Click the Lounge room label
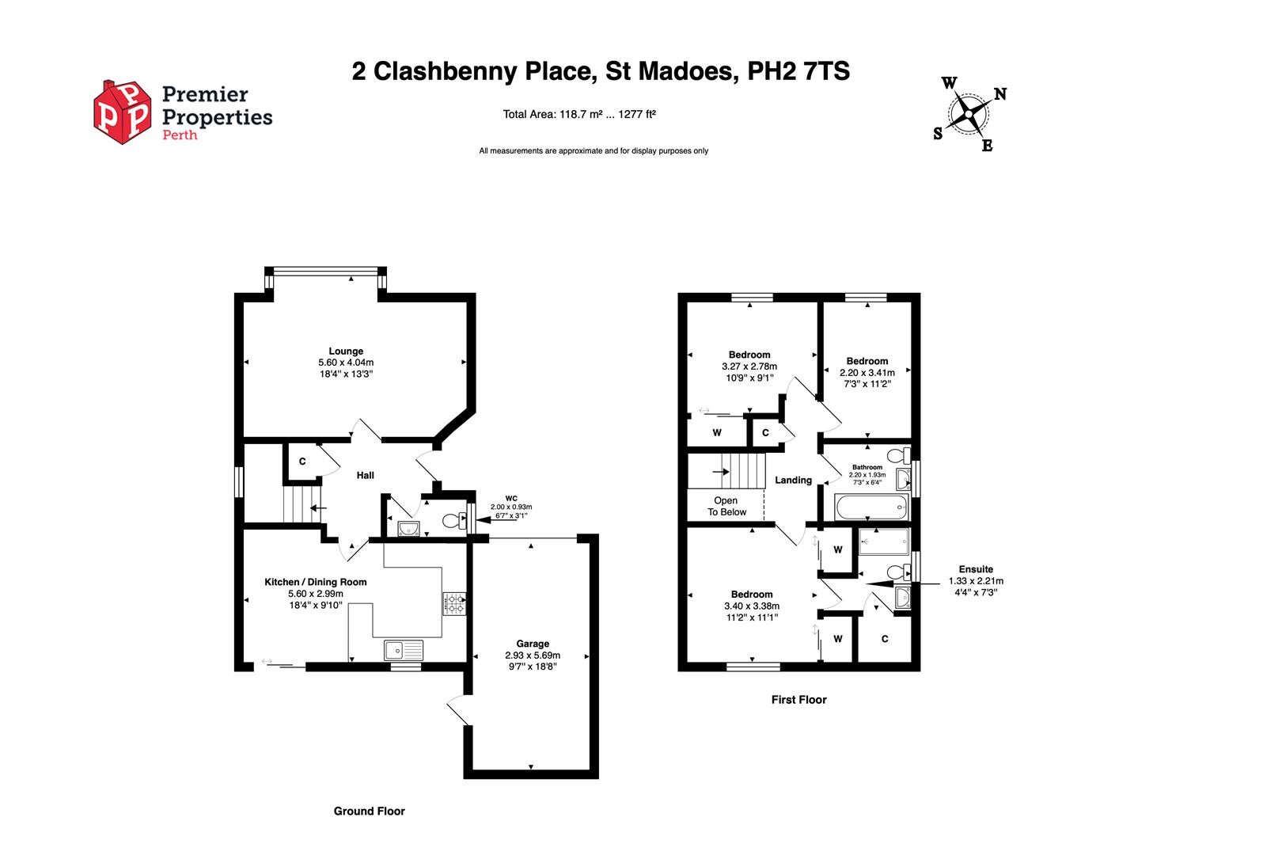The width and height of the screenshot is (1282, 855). (346, 351)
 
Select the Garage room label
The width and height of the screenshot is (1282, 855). (533, 644)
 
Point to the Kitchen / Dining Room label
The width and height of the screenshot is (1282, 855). (316, 582)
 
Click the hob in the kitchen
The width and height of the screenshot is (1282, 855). (454, 604)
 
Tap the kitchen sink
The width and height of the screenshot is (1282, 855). (404, 651)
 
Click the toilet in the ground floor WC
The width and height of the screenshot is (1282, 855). (453, 521)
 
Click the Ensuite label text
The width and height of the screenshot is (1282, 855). (976, 569)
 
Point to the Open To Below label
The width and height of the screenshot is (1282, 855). (726, 507)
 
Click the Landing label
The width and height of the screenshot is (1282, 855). (793, 480)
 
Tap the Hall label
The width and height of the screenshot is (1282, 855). (365, 475)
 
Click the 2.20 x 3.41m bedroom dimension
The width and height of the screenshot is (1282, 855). (867, 372)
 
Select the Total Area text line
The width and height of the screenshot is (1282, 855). (579, 114)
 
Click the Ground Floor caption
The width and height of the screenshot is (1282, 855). (369, 811)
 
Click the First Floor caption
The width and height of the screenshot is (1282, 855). (798, 699)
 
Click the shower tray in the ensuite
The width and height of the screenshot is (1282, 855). (885, 542)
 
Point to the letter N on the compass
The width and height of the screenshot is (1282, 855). (1000, 94)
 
